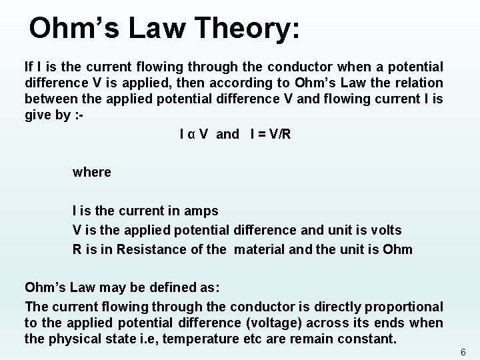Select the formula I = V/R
click(271, 135)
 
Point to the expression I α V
click(194, 135)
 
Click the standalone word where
click(92, 172)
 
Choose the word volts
click(381, 230)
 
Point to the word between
click(48, 99)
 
